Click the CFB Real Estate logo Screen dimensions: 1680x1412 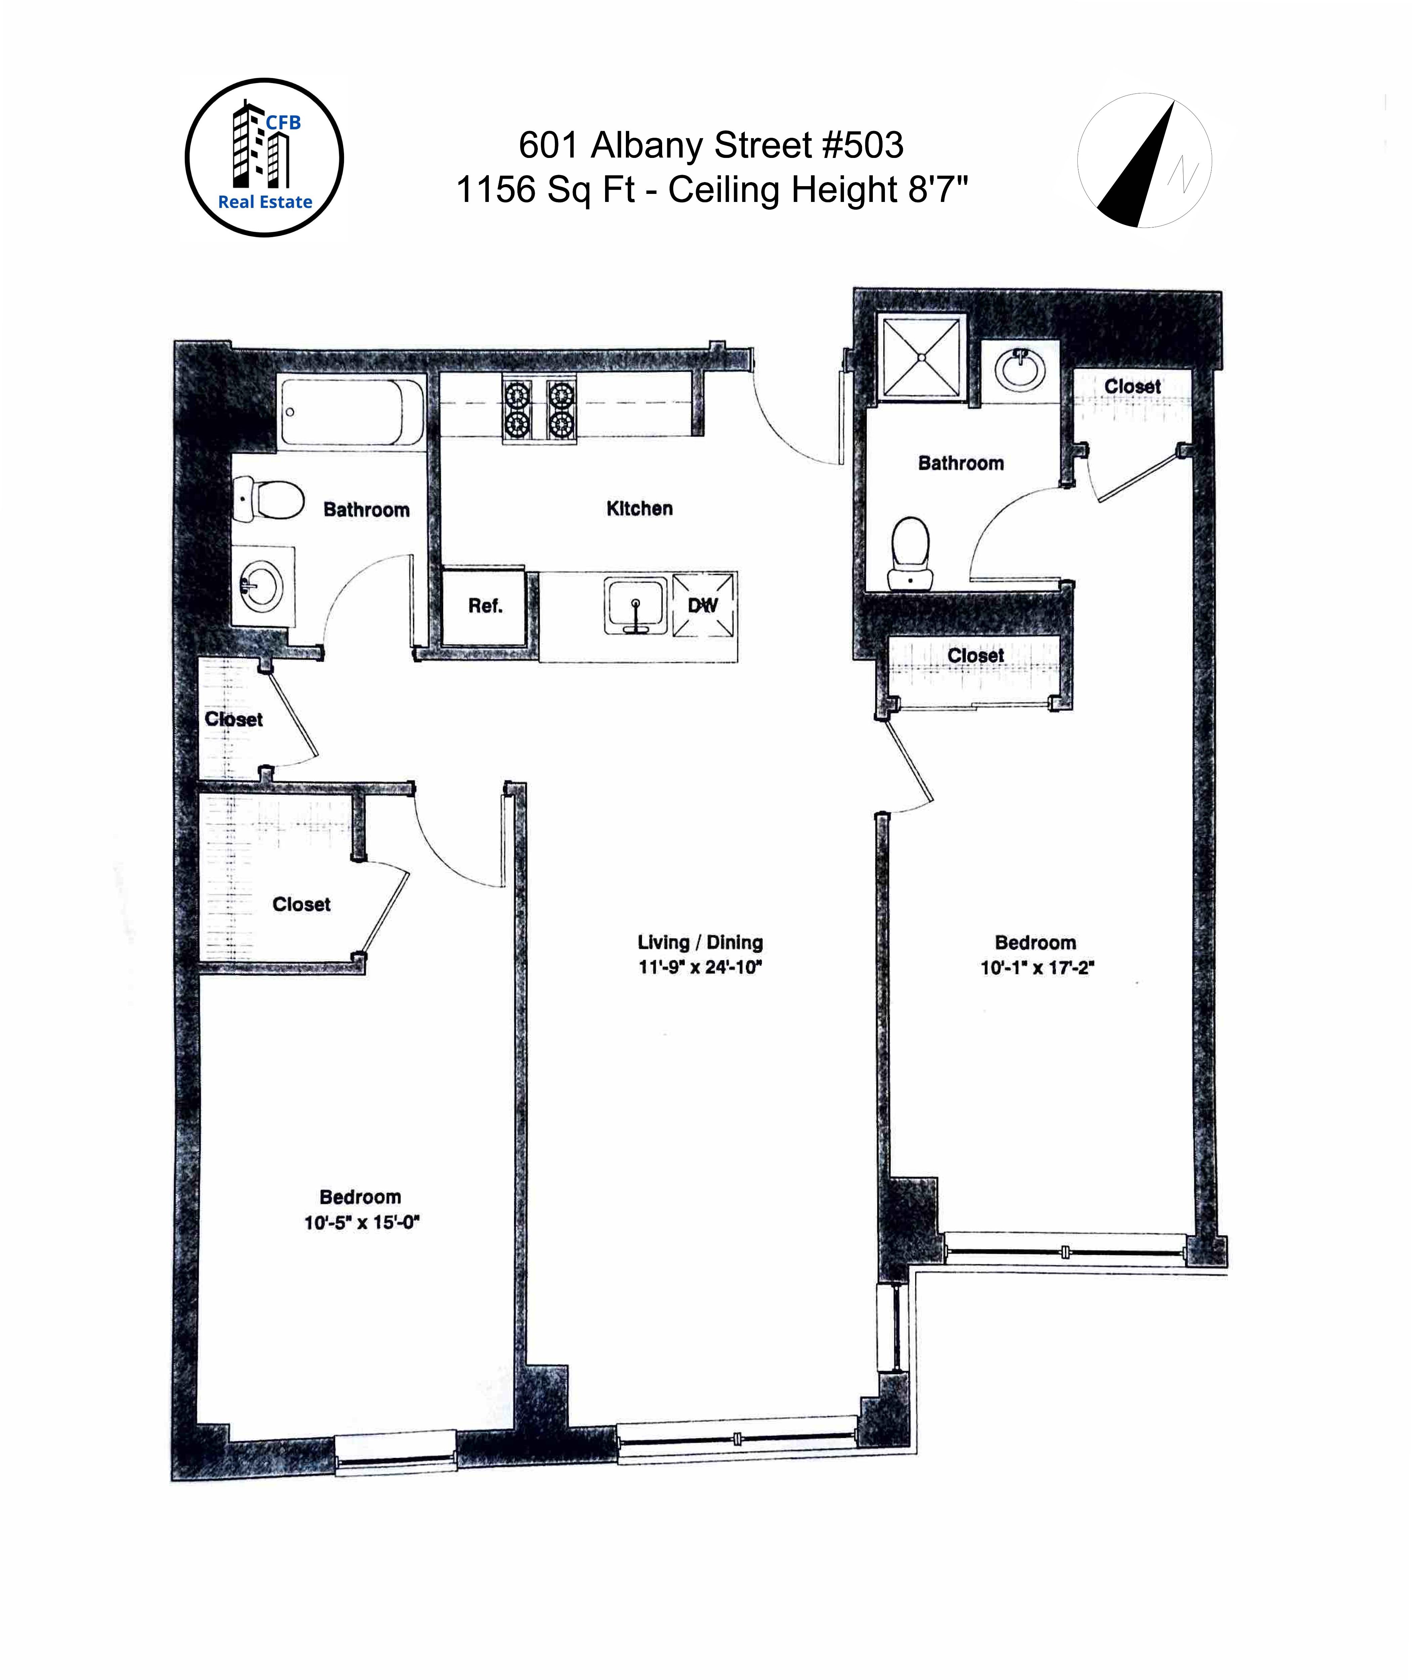coord(264,158)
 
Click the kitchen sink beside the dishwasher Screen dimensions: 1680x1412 coord(635,606)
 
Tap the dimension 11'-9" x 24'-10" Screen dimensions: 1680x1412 coord(699,967)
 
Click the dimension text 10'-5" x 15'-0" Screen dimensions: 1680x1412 coord(361,1222)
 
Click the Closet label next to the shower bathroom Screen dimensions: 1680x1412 coord(1132,387)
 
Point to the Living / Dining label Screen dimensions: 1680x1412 coord(699,942)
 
